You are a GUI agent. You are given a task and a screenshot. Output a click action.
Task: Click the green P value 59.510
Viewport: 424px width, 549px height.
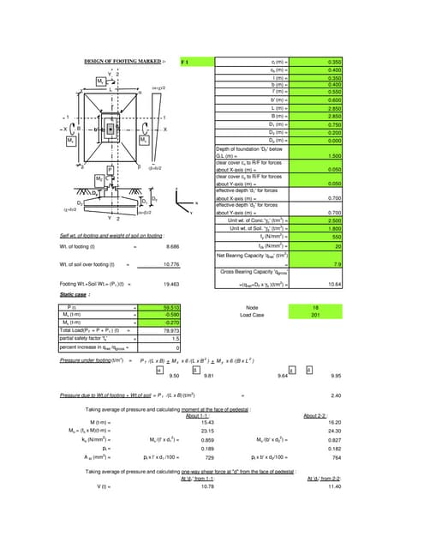point(170,306)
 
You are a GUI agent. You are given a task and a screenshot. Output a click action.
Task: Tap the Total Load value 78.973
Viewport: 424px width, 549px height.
point(170,329)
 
